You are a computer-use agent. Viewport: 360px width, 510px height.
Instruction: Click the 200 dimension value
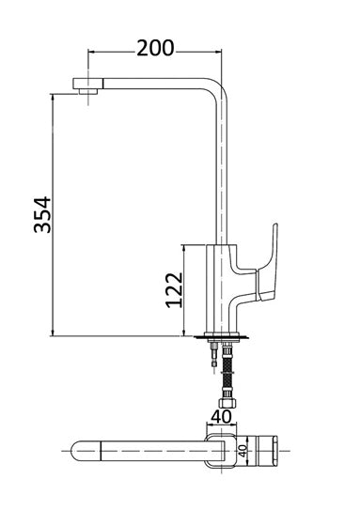click(155, 49)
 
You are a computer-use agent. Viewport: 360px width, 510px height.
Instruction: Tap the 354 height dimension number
click(42, 214)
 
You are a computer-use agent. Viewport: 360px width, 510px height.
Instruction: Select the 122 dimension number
click(174, 290)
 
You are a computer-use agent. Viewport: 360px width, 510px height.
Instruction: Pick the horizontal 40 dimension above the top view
click(221, 417)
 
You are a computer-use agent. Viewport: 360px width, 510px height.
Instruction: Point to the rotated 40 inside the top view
click(243, 451)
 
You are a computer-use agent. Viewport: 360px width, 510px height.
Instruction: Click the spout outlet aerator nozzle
click(87, 91)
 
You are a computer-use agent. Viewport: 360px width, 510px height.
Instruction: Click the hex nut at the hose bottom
click(227, 403)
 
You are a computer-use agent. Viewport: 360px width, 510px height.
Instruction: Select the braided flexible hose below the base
click(227, 375)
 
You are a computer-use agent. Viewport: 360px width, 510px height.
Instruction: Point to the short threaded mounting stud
click(213, 354)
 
